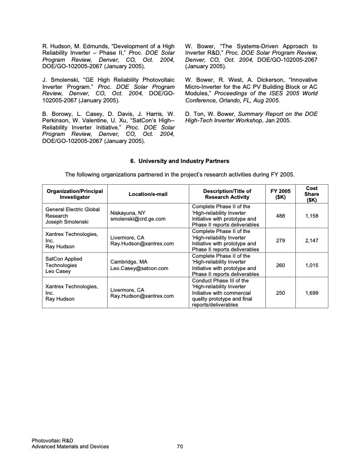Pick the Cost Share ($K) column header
point(313,194)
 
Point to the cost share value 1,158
point(313,216)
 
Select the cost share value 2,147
point(313,240)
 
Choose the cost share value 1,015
point(313,265)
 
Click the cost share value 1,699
point(313,292)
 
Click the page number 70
point(180,447)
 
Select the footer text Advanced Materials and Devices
point(71,447)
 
